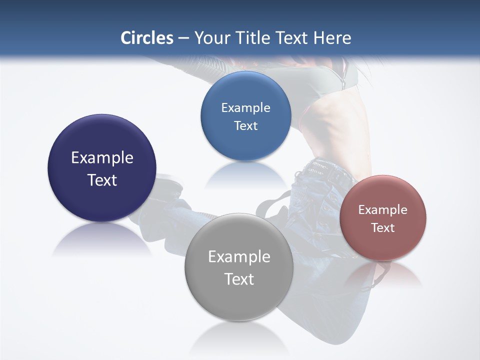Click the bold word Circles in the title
tap(147, 38)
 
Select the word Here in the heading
tap(332, 38)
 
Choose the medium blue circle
tap(246, 90)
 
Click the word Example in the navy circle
tap(102, 158)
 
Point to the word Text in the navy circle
tap(102, 180)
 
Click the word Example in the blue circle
tap(246, 108)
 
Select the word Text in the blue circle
tap(246, 126)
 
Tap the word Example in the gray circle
tap(239, 257)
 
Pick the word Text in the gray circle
tap(239, 279)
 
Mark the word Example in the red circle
tap(383, 210)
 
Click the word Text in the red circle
tap(383, 228)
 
